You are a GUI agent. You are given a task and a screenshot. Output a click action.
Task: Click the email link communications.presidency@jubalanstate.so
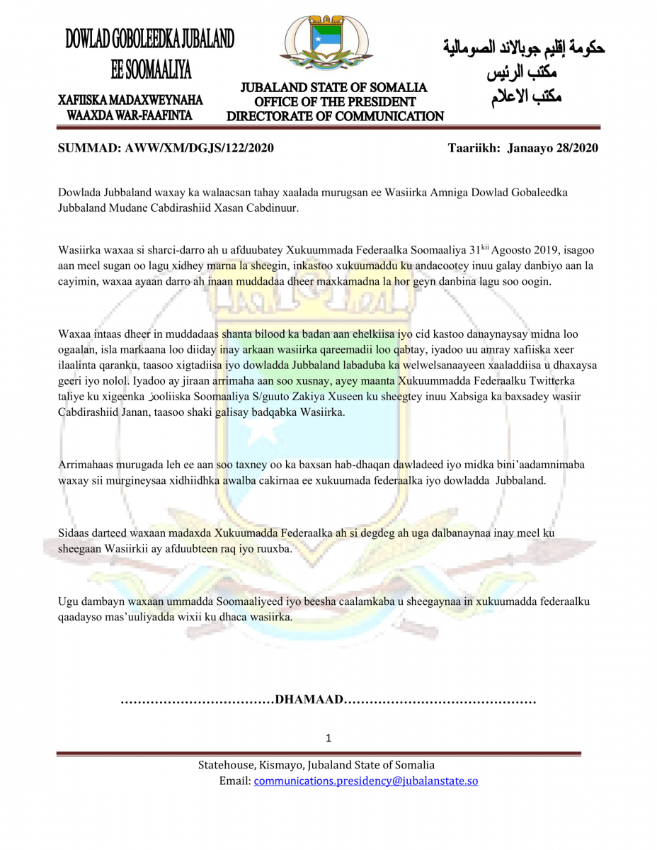point(366,781)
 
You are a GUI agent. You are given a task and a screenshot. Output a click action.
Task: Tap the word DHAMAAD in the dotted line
point(309,701)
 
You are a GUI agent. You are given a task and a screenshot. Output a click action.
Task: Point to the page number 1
point(328,738)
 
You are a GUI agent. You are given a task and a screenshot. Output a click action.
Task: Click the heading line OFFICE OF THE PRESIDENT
point(335,102)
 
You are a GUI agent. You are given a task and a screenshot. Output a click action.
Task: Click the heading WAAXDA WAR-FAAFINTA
point(130,114)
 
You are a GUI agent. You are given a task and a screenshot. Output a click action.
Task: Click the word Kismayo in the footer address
point(282,765)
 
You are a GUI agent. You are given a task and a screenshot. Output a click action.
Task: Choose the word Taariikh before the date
point(474,148)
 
